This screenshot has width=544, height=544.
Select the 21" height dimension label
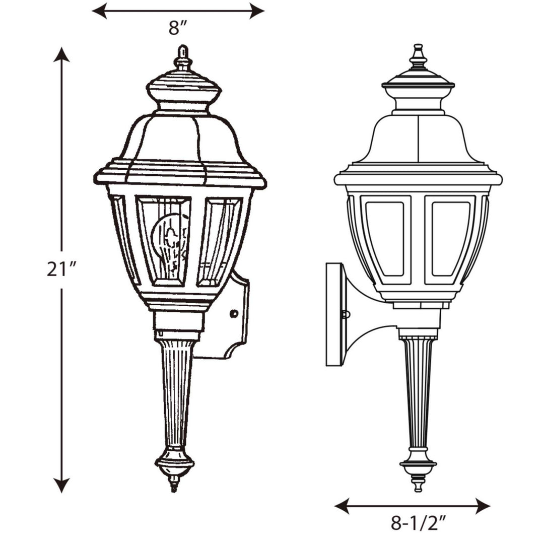pos(61,269)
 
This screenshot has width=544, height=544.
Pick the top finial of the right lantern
pos(418,56)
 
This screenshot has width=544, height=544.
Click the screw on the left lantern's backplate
pos(233,314)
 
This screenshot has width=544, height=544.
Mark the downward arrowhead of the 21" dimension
pos(61,486)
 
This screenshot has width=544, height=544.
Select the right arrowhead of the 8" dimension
pos(257,11)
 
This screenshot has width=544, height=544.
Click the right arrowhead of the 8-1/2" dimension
pos(483,506)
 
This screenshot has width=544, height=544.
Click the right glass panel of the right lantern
pos(450,239)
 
